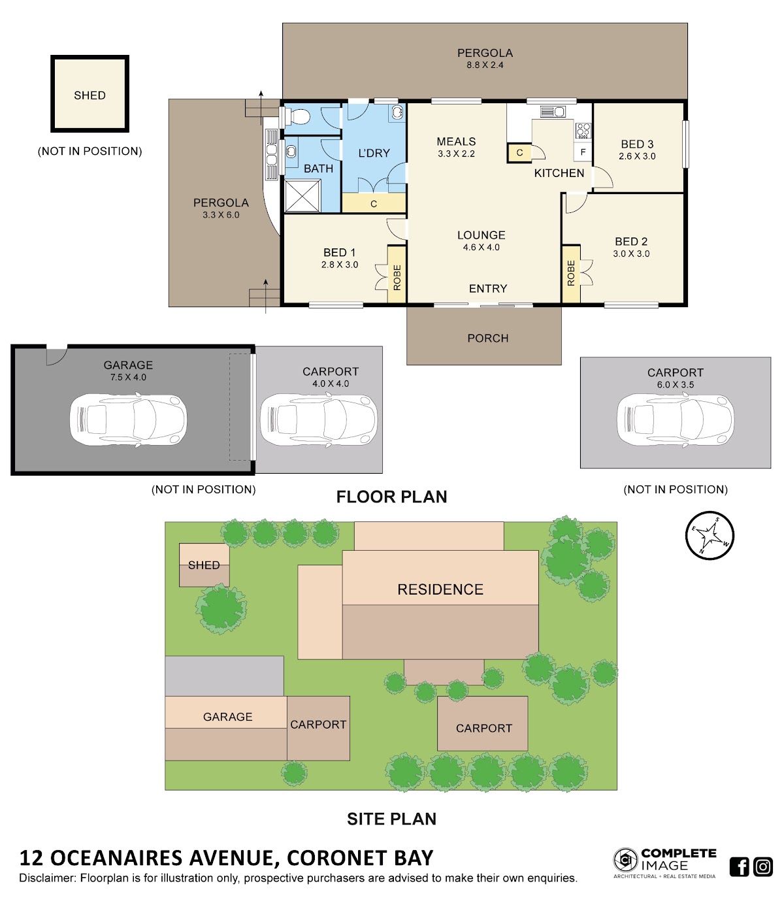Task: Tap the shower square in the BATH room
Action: (x=302, y=196)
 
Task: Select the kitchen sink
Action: (x=553, y=111)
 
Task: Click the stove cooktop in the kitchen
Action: (x=583, y=131)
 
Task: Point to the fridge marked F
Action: (x=583, y=152)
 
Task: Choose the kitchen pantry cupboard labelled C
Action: (x=519, y=153)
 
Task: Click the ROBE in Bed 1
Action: (x=397, y=274)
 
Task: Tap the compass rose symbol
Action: (x=710, y=535)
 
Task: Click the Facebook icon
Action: (x=739, y=866)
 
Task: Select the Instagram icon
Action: (x=763, y=866)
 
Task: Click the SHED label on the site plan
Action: (x=204, y=565)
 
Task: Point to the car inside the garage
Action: (x=128, y=419)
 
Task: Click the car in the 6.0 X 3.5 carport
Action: (x=676, y=419)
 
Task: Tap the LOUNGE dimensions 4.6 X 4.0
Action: (x=481, y=248)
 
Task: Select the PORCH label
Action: (x=487, y=338)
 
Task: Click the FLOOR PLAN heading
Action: (x=391, y=497)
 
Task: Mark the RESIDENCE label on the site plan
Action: (x=440, y=589)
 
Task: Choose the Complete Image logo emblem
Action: (x=626, y=859)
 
